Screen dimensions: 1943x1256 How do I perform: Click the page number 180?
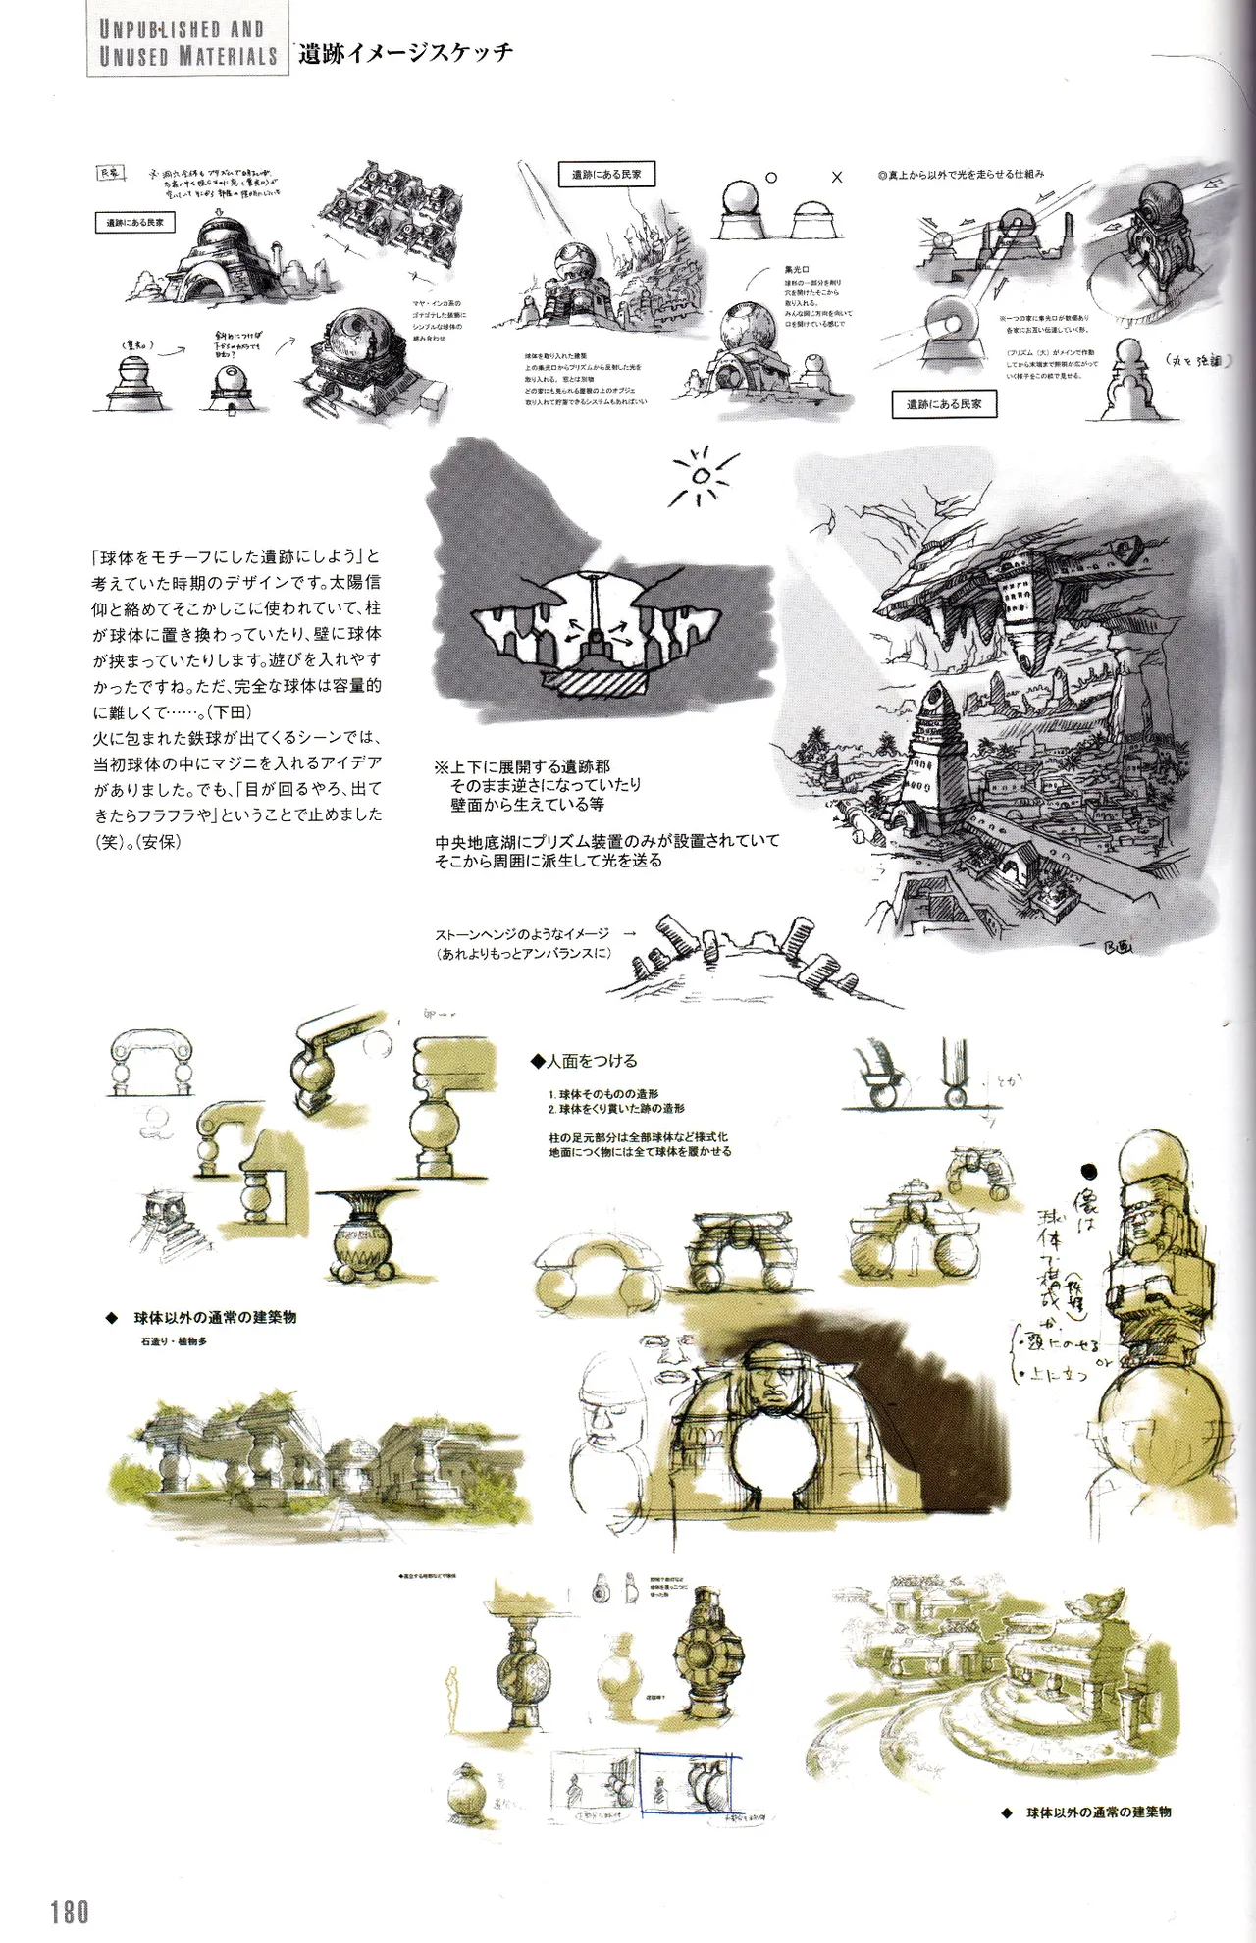coord(70,1911)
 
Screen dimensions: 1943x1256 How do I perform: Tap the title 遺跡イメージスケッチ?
coord(405,53)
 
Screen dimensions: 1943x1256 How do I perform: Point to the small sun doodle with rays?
coord(701,477)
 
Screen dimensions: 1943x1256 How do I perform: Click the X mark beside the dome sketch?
coord(836,178)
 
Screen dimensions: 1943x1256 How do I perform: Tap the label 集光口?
coord(796,268)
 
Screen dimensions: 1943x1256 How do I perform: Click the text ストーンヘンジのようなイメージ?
coord(522,934)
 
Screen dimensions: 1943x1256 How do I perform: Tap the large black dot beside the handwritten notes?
coord(1088,1171)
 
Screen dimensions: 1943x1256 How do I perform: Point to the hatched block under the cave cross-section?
coord(594,682)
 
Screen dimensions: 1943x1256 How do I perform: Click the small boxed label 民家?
coord(108,173)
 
